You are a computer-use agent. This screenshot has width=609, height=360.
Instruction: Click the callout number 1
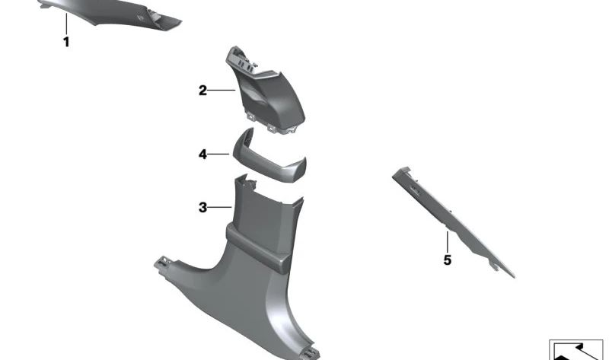pyautogui.click(x=66, y=42)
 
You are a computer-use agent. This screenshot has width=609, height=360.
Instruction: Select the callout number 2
pyautogui.click(x=202, y=91)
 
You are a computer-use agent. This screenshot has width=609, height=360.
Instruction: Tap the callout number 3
pyautogui.click(x=202, y=207)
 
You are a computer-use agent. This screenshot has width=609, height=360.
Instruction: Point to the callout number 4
pyautogui.click(x=202, y=155)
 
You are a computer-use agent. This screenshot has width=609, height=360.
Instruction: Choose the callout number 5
pyautogui.click(x=448, y=260)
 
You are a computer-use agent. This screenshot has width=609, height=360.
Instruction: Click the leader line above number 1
pyautogui.click(x=66, y=24)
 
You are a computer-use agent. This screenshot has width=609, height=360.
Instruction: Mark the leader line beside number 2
pyautogui.click(x=222, y=91)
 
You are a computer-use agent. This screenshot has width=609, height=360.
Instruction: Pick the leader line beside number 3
pyautogui.click(x=220, y=207)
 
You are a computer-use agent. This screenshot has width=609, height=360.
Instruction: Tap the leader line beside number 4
pyautogui.click(x=218, y=155)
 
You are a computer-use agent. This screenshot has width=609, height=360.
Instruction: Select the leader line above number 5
pyautogui.click(x=448, y=242)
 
